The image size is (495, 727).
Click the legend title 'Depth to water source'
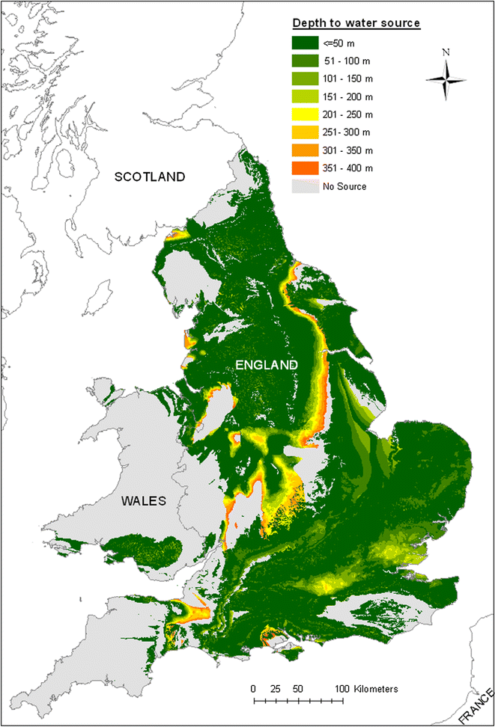coord(355,22)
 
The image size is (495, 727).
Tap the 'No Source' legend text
coord(344,186)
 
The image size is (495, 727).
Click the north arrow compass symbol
coord(446,79)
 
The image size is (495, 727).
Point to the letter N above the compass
coord(446,53)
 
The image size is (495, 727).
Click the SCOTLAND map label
coord(149,177)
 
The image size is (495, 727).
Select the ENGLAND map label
coord(267,364)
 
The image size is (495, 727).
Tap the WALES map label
coord(143,501)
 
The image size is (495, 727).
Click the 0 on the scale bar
coord(254,688)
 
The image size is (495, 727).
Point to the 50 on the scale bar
coord(297,688)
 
